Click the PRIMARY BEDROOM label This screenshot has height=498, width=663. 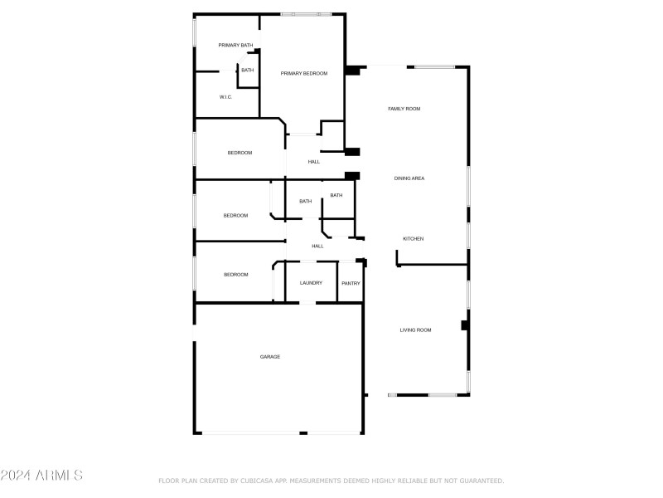[x=303, y=74]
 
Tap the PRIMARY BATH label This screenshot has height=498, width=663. [x=235, y=45]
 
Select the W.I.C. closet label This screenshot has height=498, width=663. [x=225, y=97]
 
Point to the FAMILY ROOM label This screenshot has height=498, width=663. [x=404, y=109]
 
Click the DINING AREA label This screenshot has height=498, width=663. [x=409, y=178]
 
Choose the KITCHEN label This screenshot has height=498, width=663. [x=413, y=239]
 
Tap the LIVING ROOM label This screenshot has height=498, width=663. [x=415, y=330]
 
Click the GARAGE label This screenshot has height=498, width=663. [x=270, y=357]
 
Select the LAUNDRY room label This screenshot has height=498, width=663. [x=311, y=283]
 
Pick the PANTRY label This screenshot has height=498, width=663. [x=351, y=283]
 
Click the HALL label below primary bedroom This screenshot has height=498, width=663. [x=314, y=162]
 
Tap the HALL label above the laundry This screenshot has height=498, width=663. [x=317, y=247]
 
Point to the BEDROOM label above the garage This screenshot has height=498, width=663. [x=235, y=275]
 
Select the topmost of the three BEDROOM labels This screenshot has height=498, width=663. [x=240, y=153]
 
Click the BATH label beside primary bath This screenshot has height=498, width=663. [x=247, y=71]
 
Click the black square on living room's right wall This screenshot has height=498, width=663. [x=465, y=325]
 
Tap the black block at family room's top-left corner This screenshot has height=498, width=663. [x=353, y=71]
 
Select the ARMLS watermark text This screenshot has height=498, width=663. [x=41, y=476]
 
